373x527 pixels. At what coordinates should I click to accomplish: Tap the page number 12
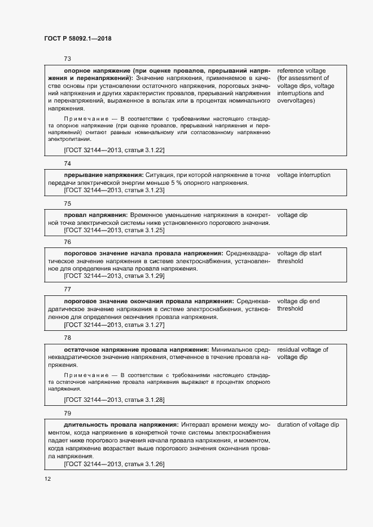click(48, 479)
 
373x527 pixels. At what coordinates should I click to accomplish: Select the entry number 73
click(67, 59)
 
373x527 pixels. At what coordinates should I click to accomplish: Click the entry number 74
click(67, 163)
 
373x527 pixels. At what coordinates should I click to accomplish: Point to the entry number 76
click(67, 242)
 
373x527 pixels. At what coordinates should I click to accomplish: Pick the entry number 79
click(67, 413)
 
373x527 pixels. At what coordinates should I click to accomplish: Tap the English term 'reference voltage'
click(301, 71)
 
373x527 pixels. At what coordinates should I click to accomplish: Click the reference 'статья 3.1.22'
click(143, 150)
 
